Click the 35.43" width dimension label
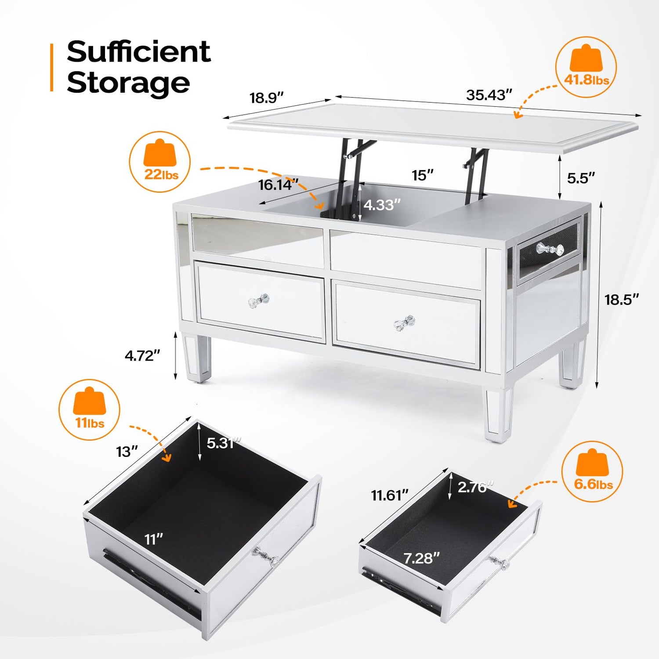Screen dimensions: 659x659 click(x=489, y=95)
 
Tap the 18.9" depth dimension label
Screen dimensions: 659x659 click(x=267, y=98)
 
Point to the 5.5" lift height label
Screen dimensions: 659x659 click(x=581, y=178)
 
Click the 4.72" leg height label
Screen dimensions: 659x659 click(x=142, y=355)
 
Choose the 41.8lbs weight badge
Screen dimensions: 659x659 click(x=586, y=67)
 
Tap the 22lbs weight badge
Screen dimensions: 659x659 click(x=160, y=162)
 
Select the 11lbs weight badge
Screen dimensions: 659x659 click(x=90, y=410)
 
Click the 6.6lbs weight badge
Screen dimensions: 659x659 click(x=593, y=471)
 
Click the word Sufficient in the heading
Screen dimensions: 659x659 click(x=139, y=52)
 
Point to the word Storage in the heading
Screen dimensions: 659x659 click(x=128, y=83)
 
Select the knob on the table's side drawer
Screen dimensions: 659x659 click(x=550, y=249)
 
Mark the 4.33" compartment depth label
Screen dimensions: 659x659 click(x=382, y=205)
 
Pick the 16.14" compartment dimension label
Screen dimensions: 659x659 click(x=278, y=185)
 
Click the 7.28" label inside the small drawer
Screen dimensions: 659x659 click(x=421, y=558)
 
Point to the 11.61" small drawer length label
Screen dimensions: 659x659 click(x=390, y=495)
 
